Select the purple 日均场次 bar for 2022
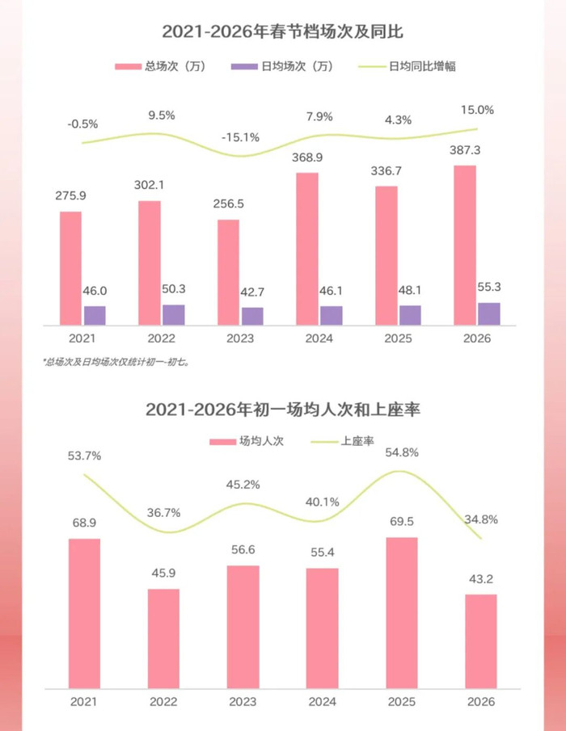click(x=173, y=315)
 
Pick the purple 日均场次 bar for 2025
click(x=410, y=315)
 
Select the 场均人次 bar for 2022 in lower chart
click(x=163, y=637)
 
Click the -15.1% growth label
click(x=240, y=137)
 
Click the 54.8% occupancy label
click(x=402, y=452)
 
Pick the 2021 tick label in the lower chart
click(x=84, y=701)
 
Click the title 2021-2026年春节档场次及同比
click(x=282, y=32)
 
